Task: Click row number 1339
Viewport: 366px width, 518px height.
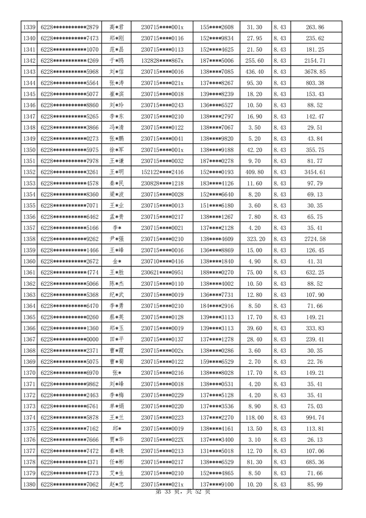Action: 29,27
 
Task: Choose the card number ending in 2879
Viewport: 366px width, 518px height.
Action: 70,27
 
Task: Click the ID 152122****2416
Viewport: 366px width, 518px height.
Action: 162,172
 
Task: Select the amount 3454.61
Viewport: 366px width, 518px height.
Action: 315,172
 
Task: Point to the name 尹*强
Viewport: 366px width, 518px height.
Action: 116,239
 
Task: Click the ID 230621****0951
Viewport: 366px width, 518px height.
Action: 162,272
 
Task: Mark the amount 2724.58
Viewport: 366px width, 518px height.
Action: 315,239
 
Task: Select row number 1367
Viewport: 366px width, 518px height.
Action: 29,339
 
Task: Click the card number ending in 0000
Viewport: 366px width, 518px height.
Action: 70,339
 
